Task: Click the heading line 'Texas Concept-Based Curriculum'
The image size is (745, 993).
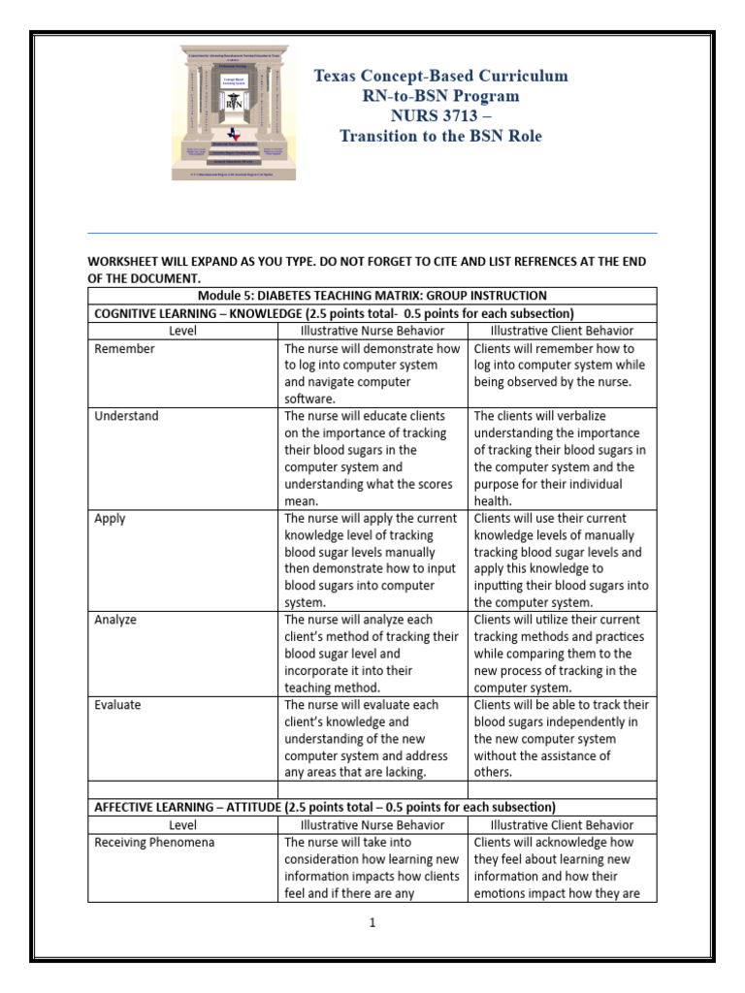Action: click(441, 77)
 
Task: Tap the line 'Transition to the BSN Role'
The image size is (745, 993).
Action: click(441, 137)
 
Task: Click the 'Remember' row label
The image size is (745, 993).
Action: click(124, 349)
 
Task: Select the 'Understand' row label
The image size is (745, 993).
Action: click(126, 417)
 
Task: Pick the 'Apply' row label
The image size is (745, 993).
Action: click(110, 519)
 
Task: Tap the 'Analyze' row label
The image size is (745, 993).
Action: click(116, 621)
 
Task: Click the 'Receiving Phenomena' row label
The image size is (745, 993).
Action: click(154, 843)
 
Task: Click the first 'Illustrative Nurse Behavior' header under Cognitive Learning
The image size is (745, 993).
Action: click(372, 331)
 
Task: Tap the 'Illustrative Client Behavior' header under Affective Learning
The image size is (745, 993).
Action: click(563, 825)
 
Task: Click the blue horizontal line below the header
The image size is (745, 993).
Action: click(372, 234)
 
